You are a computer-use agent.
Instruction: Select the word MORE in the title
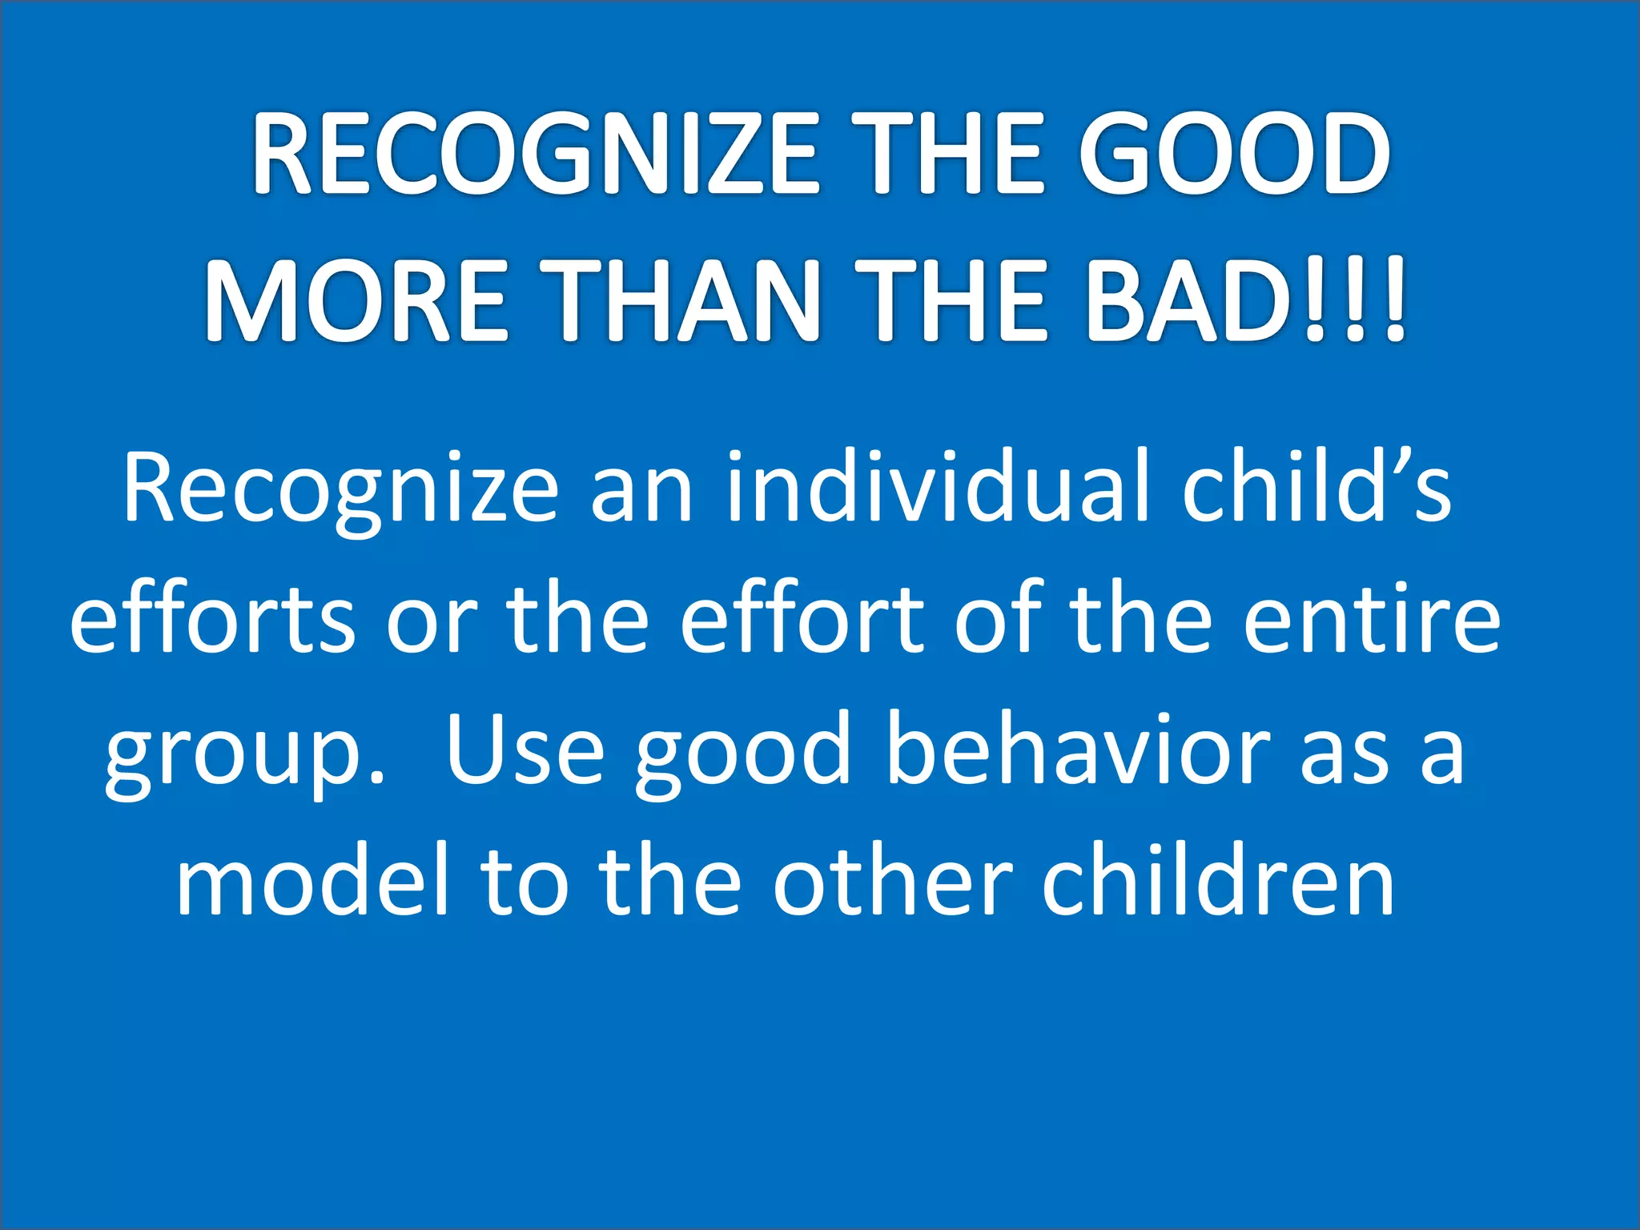[x=356, y=302]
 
